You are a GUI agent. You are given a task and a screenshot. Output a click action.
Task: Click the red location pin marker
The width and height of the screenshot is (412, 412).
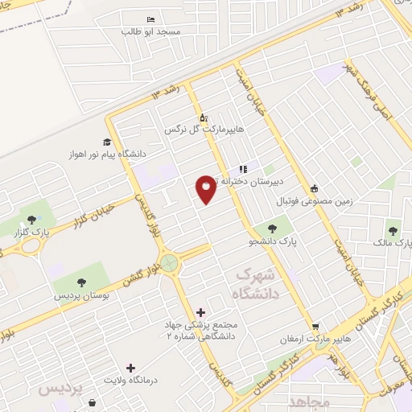pos(206,190)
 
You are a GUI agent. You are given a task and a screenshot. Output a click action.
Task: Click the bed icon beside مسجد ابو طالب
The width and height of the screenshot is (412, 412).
pos(150,19)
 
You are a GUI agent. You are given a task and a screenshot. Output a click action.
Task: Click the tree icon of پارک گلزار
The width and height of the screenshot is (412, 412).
pos(31,218)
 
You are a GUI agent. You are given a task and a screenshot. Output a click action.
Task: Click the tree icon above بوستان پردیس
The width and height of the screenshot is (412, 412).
pos(81,281)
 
